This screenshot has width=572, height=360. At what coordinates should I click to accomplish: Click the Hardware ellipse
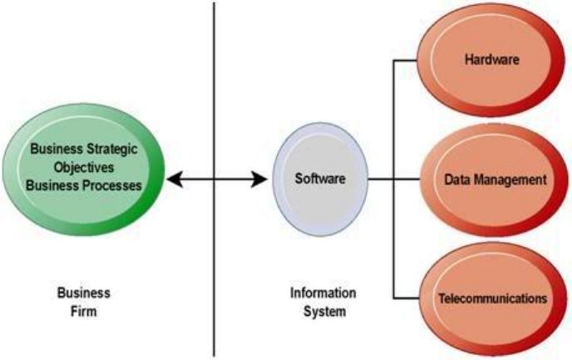click(x=491, y=60)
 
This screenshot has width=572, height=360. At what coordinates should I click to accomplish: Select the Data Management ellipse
click(x=494, y=180)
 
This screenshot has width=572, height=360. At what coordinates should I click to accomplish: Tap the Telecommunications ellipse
click(x=493, y=298)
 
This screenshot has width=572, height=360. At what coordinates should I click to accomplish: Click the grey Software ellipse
click(x=320, y=179)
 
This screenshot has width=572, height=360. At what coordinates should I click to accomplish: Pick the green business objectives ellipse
click(x=83, y=170)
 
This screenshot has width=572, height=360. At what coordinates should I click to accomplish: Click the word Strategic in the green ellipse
click(x=112, y=149)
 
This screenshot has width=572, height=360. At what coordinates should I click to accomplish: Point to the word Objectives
click(x=84, y=167)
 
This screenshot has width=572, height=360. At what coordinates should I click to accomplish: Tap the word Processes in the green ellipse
click(x=112, y=185)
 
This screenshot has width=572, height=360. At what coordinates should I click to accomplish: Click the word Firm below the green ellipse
click(x=83, y=312)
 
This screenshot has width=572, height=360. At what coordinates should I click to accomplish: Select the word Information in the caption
click(x=323, y=293)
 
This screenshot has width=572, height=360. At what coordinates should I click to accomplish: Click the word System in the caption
click(x=325, y=312)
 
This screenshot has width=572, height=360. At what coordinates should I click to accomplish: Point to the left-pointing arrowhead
click(x=175, y=179)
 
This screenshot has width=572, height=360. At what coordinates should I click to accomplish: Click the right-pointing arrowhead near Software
click(x=259, y=179)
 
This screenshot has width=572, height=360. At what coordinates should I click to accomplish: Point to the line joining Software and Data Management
click(x=394, y=179)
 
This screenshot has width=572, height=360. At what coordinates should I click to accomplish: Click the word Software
click(x=320, y=179)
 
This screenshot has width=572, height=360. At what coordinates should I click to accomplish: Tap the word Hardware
click(x=491, y=60)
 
